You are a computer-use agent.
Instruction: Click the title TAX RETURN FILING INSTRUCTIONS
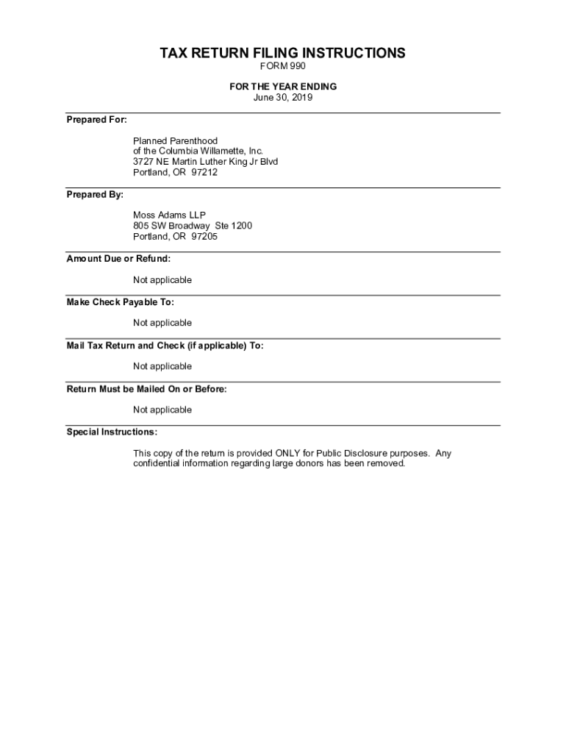pos(283,54)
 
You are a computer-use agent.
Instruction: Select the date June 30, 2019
pos(283,97)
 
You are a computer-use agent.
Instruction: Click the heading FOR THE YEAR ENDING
pos(283,87)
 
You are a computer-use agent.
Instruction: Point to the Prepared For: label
pos(96,119)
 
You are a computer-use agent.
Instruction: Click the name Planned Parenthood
pos(175,140)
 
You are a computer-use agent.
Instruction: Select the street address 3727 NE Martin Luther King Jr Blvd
pos(205,162)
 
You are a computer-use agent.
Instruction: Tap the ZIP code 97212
pos(204,173)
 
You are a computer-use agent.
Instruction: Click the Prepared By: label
pos(95,195)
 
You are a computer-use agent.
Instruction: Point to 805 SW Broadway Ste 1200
pos(192,226)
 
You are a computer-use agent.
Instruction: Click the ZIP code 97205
pos(204,237)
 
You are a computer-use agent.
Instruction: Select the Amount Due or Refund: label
pos(118,259)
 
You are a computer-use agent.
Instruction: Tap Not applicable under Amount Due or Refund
pos(162,280)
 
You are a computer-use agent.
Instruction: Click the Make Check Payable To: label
pos(120,302)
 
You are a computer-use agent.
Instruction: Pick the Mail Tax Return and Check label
pos(165,346)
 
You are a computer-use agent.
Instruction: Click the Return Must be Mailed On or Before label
pos(146,389)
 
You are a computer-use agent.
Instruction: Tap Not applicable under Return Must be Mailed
pos(162,410)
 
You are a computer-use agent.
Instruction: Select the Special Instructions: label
pos(112,432)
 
